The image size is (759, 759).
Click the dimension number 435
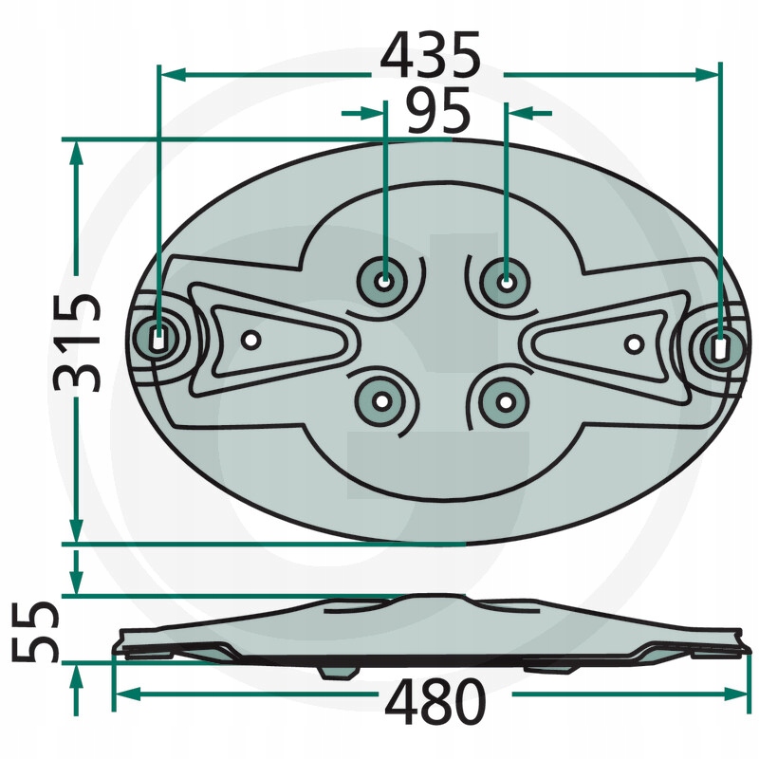431,55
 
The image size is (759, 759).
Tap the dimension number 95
438,111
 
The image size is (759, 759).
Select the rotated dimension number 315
78,342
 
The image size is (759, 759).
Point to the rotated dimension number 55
35,632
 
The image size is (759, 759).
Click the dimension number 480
435,701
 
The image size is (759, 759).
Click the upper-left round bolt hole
384,282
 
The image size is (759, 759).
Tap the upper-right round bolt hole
506,283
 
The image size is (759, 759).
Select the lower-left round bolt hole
382,401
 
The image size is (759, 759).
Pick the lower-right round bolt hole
505,402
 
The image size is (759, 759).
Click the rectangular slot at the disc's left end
157,339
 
